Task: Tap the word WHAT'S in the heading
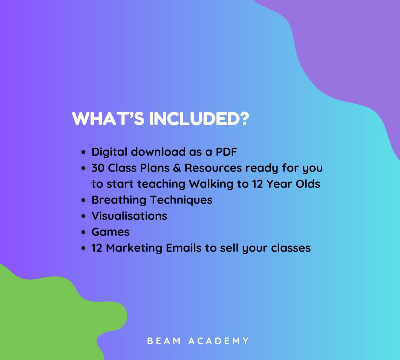tap(108, 119)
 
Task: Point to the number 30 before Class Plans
tap(98, 168)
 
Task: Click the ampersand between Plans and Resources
tap(177, 168)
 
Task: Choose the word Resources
tap(213, 168)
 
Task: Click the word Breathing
tap(119, 200)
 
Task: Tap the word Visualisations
tap(129, 216)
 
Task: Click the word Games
tap(111, 232)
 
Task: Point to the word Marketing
tap(134, 248)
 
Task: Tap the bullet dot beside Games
tap(83, 232)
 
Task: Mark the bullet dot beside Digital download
tap(83, 153)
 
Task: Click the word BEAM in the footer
tap(164, 341)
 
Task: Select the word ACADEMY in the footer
tap(219, 341)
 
